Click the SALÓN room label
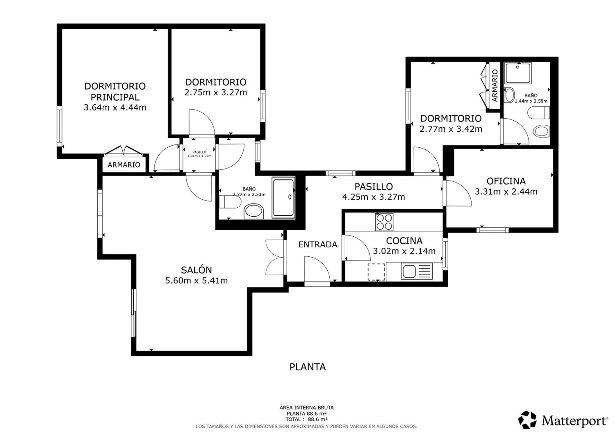pyautogui.click(x=196, y=270)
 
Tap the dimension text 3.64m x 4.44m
pyautogui.click(x=115, y=108)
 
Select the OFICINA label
pyautogui.click(x=506, y=181)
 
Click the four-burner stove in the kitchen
pyautogui.click(x=384, y=222)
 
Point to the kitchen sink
pyautogui.click(x=417, y=271)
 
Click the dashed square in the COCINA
pyautogui.click(x=376, y=272)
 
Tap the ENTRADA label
pyautogui.click(x=318, y=244)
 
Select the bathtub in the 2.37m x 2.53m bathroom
pyautogui.click(x=283, y=197)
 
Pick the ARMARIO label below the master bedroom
pyautogui.click(x=124, y=165)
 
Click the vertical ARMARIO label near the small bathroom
pyautogui.click(x=495, y=86)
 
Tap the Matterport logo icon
pyautogui.click(x=527, y=420)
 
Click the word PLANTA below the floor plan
pyautogui.click(x=307, y=367)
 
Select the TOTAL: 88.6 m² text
pyautogui.click(x=306, y=419)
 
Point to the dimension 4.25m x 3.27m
pyautogui.click(x=373, y=197)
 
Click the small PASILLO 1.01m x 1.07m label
pyautogui.click(x=199, y=154)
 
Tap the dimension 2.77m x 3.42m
pyautogui.click(x=451, y=129)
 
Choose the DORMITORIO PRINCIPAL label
pyautogui.click(x=115, y=91)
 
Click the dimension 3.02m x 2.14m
pyautogui.click(x=404, y=251)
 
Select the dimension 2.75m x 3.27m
pyautogui.click(x=216, y=93)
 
